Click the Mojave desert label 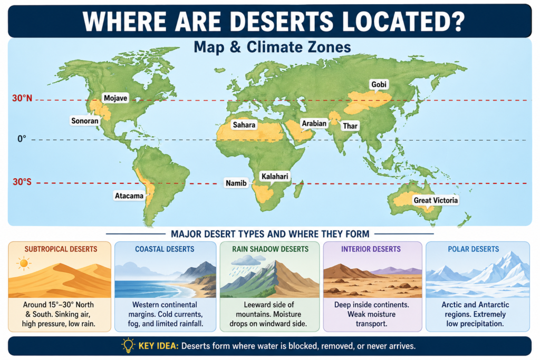pyautogui.click(x=116, y=98)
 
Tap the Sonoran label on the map pyautogui.click(x=85, y=121)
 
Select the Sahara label pyautogui.click(x=244, y=125)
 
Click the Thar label pyautogui.click(x=350, y=126)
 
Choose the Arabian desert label pyautogui.click(x=314, y=123)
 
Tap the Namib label pyautogui.click(x=236, y=182)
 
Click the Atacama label pyautogui.click(x=129, y=196)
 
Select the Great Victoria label pyautogui.click(x=436, y=200)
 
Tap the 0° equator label pyautogui.click(x=22, y=139)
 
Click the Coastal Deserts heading pyautogui.click(x=165, y=249)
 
